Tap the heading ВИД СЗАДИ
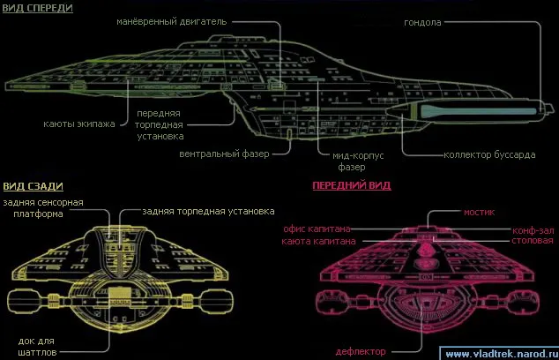[32, 186]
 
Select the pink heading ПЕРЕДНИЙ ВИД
[351, 186]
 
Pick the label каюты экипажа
[79, 123]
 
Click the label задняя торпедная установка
[197, 212]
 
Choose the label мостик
[481, 212]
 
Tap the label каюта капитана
[318, 240]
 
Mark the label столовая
[534, 240]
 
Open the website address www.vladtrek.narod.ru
[499, 354]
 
